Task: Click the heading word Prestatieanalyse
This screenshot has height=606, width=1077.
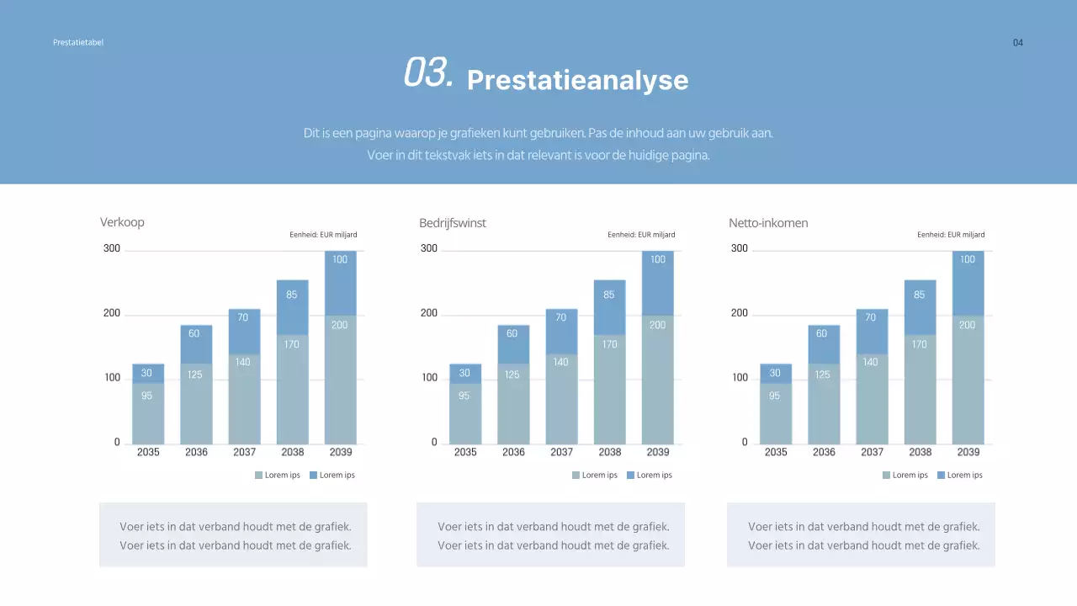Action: pyautogui.click(x=577, y=80)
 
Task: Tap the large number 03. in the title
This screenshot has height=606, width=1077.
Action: pyautogui.click(x=428, y=73)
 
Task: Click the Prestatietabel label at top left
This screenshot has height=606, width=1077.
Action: pyautogui.click(x=77, y=42)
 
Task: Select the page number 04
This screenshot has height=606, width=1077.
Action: pyautogui.click(x=1017, y=43)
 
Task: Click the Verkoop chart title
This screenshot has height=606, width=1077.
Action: pyautogui.click(x=122, y=222)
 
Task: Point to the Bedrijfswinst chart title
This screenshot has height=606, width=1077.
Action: pyautogui.click(x=452, y=223)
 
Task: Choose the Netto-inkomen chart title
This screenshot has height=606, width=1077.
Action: pyautogui.click(x=767, y=223)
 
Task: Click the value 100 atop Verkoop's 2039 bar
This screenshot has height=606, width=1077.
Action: pyautogui.click(x=340, y=259)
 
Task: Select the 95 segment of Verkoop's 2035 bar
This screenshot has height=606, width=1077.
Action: pyautogui.click(x=147, y=396)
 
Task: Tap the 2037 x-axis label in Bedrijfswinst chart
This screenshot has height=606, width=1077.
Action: pyautogui.click(x=561, y=452)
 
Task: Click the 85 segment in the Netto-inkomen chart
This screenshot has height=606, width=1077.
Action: pyautogui.click(x=919, y=295)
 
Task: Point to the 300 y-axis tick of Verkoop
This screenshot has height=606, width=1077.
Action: pyautogui.click(x=112, y=248)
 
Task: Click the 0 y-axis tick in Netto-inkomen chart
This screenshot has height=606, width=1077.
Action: pyautogui.click(x=744, y=443)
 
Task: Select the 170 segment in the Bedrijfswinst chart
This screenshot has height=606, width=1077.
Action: pyautogui.click(x=609, y=344)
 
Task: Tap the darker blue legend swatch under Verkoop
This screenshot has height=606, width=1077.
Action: pyautogui.click(x=313, y=476)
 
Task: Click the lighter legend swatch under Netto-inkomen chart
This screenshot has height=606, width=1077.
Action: pyautogui.click(x=886, y=476)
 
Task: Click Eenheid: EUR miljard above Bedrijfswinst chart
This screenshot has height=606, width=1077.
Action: pyautogui.click(x=641, y=235)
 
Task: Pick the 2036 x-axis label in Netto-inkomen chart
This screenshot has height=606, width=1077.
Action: pyautogui.click(x=824, y=452)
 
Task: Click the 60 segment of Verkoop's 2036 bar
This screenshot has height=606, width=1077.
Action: pyautogui.click(x=194, y=333)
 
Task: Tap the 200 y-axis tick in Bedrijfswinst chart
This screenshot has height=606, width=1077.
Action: pyautogui.click(x=429, y=313)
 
